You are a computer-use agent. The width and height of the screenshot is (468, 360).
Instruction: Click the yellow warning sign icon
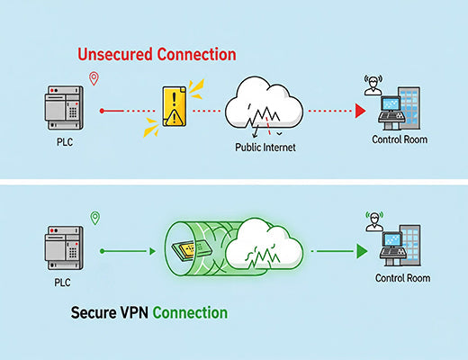coord(173,110)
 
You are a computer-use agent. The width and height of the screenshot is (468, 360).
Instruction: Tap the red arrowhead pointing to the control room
coord(358,111)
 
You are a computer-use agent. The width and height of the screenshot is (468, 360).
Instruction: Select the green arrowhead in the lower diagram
coord(362,251)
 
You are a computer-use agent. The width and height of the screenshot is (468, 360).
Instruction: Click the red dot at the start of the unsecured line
coord(101,111)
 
